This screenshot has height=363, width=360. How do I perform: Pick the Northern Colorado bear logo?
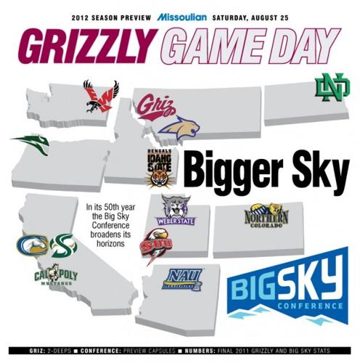point(266,216)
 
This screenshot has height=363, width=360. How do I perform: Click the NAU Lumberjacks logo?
point(182,279)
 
